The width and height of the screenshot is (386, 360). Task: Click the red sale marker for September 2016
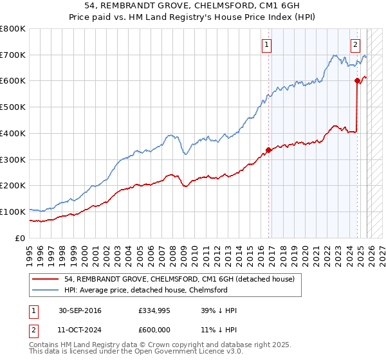click(268, 150)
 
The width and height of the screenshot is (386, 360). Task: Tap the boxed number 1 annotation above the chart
click(266, 44)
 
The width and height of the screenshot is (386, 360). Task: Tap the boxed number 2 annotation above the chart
click(354, 44)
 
